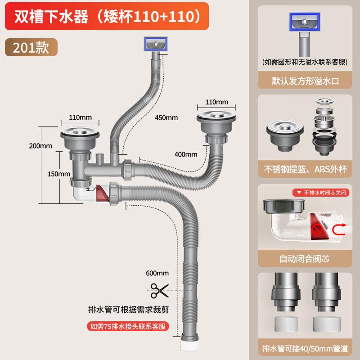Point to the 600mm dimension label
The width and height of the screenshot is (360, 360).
tap(157, 273)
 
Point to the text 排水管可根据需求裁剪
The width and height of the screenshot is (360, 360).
tap(126, 310)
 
